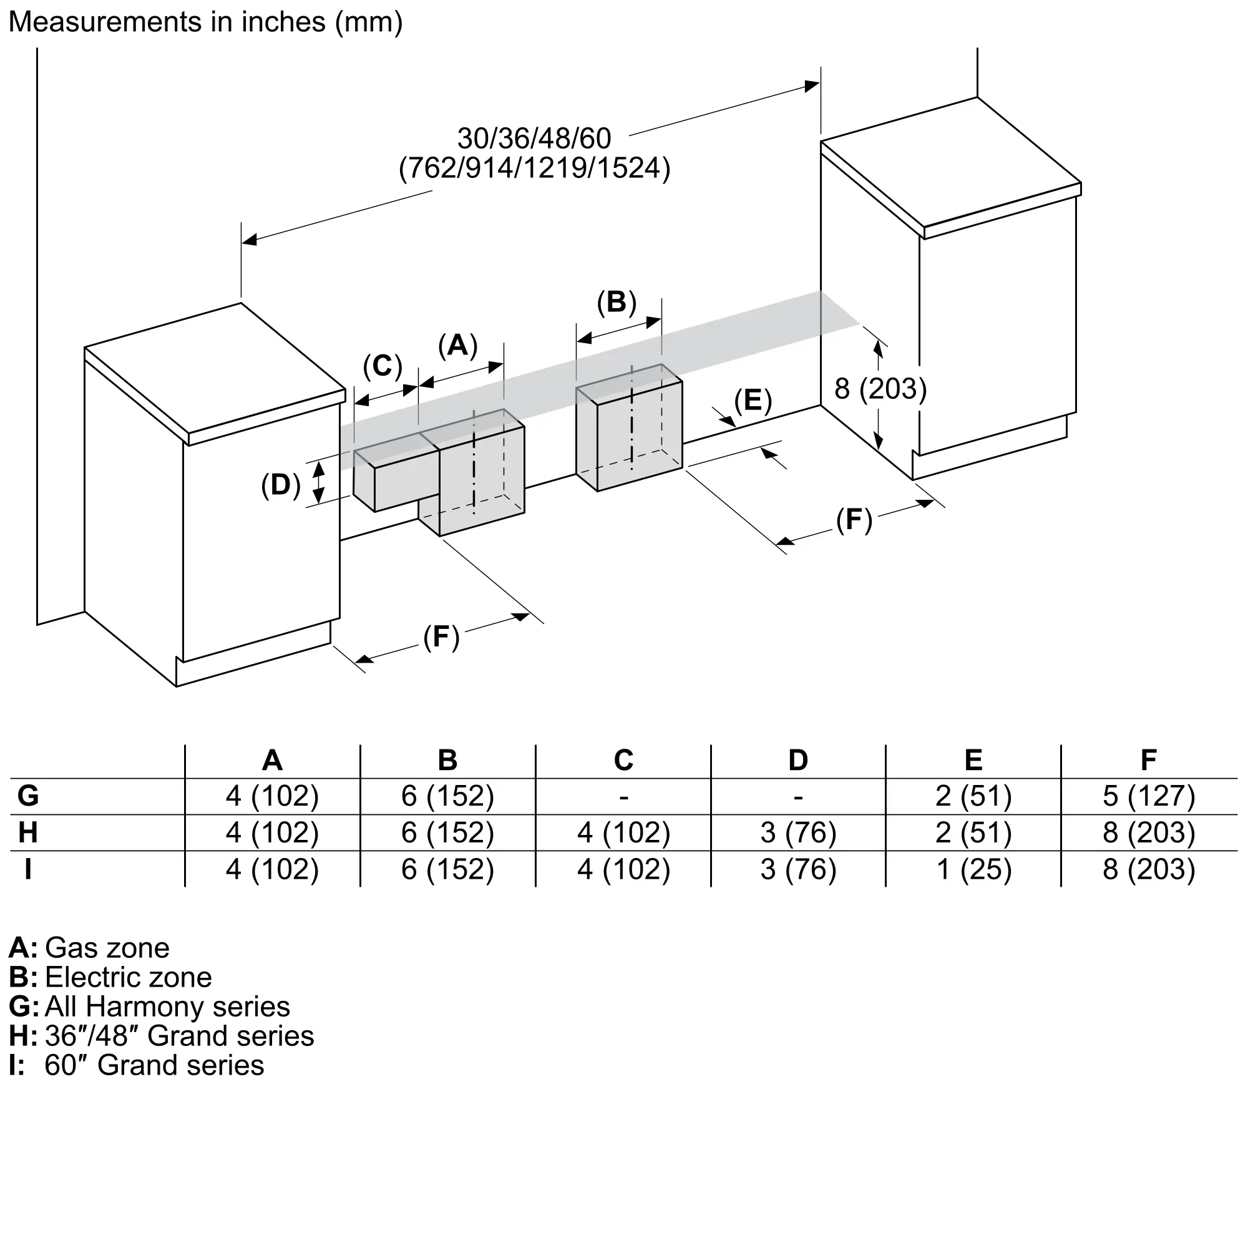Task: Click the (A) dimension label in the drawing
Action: pyautogui.click(x=457, y=346)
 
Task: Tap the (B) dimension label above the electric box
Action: pyautogui.click(x=617, y=302)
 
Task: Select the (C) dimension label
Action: pyautogui.click(x=383, y=366)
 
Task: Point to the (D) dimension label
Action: pyautogui.click(x=280, y=484)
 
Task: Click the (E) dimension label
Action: pyautogui.click(x=753, y=400)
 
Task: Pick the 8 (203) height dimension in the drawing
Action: pyautogui.click(x=880, y=389)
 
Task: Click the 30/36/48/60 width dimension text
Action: pyautogui.click(x=534, y=139)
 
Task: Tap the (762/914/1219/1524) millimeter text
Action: pyautogui.click(x=534, y=168)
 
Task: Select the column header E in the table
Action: pyautogui.click(x=973, y=760)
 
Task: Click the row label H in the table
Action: pyautogui.click(x=28, y=832)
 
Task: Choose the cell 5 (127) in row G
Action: pyautogui.click(x=1149, y=796)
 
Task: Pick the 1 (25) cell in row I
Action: pyautogui.click(x=973, y=869)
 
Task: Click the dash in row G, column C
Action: pyautogui.click(x=623, y=797)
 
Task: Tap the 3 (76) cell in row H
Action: pyautogui.click(x=799, y=832)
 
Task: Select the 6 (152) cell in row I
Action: pyautogui.click(x=447, y=869)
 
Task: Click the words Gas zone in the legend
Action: pyautogui.click(x=107, y=948)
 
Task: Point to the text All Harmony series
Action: pyautogui.click(x=167, y=1007)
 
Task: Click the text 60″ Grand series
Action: pyautogui.click(x=154, y=1065)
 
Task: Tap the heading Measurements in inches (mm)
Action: pyautogui.click(x=205, y=22)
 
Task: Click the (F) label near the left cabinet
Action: pyautogui.click(x=441, y=637)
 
